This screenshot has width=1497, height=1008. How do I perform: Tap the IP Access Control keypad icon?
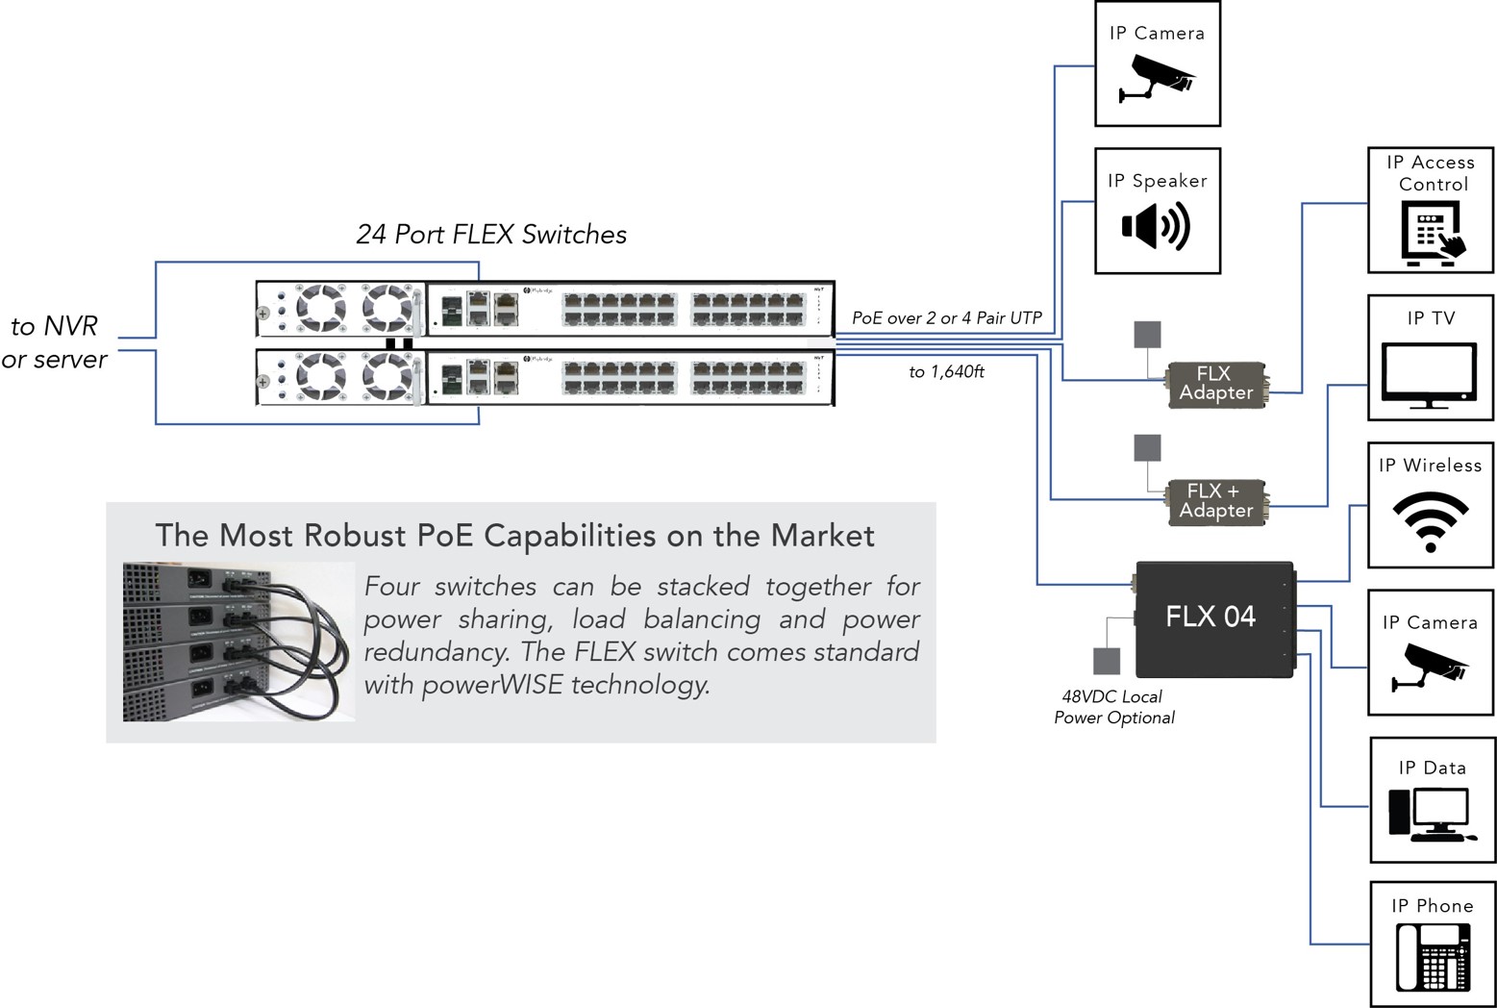(x=1433, y=234)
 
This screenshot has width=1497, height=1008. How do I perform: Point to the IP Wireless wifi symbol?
(x=1431, y=520)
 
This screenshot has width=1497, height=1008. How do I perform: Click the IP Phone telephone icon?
(x=1433, y=956)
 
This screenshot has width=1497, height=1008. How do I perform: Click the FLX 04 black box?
(x=1213, y=617)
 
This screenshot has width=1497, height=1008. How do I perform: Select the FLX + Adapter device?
(x=1216, y=501)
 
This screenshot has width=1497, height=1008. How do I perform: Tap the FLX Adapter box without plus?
(x=1216, y=384)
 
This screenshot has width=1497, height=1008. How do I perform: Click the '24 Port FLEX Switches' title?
(x=491, y=235)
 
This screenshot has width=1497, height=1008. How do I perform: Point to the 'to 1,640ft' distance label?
(x=946, y=372)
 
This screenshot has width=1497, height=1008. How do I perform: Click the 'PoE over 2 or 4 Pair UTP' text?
(x=946, y=318)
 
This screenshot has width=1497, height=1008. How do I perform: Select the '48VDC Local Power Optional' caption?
(x=1113, y=707)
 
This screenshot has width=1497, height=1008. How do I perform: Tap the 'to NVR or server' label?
(x=55, y=342)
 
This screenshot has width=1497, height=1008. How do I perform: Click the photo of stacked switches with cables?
(x=238, y=642)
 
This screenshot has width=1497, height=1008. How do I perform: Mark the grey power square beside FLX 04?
(x=1107, y=661)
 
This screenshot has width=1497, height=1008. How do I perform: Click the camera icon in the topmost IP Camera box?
(x=1157, y=78)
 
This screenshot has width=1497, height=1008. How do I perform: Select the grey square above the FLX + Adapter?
(x=1147, y=447)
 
